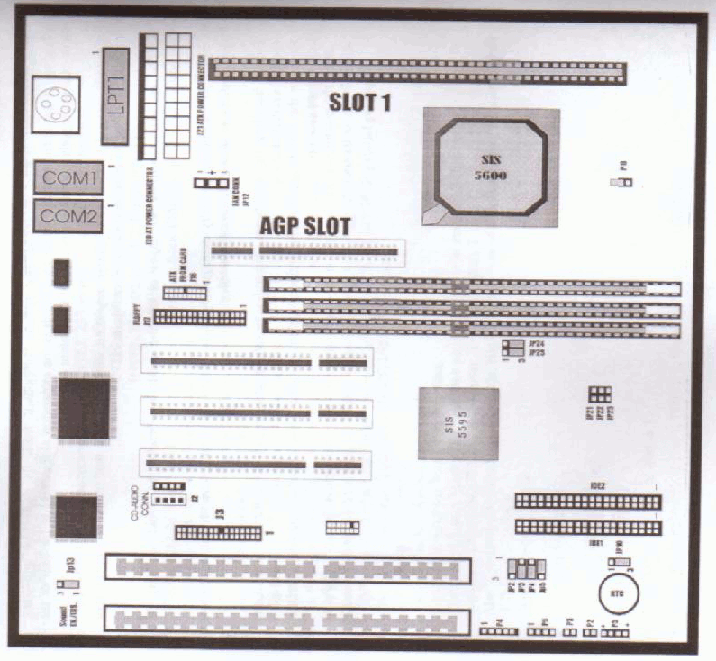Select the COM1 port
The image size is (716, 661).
tap(68, 178)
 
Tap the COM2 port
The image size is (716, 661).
tap(68, 216)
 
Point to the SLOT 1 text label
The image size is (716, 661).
tap(358, 104)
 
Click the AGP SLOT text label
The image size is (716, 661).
tap(304, 224)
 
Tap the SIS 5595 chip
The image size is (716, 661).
tap(458, 424)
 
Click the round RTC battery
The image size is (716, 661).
tap(621, 595)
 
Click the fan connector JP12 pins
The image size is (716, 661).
tap(212, 184)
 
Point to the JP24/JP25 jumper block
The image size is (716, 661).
tap(512, 348)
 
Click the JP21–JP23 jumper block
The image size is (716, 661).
tap(599, 394)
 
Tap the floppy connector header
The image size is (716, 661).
tap(200, 317)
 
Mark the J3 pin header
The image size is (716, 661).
tap(218, 532)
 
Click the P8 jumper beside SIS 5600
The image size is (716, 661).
tap(622, 183)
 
